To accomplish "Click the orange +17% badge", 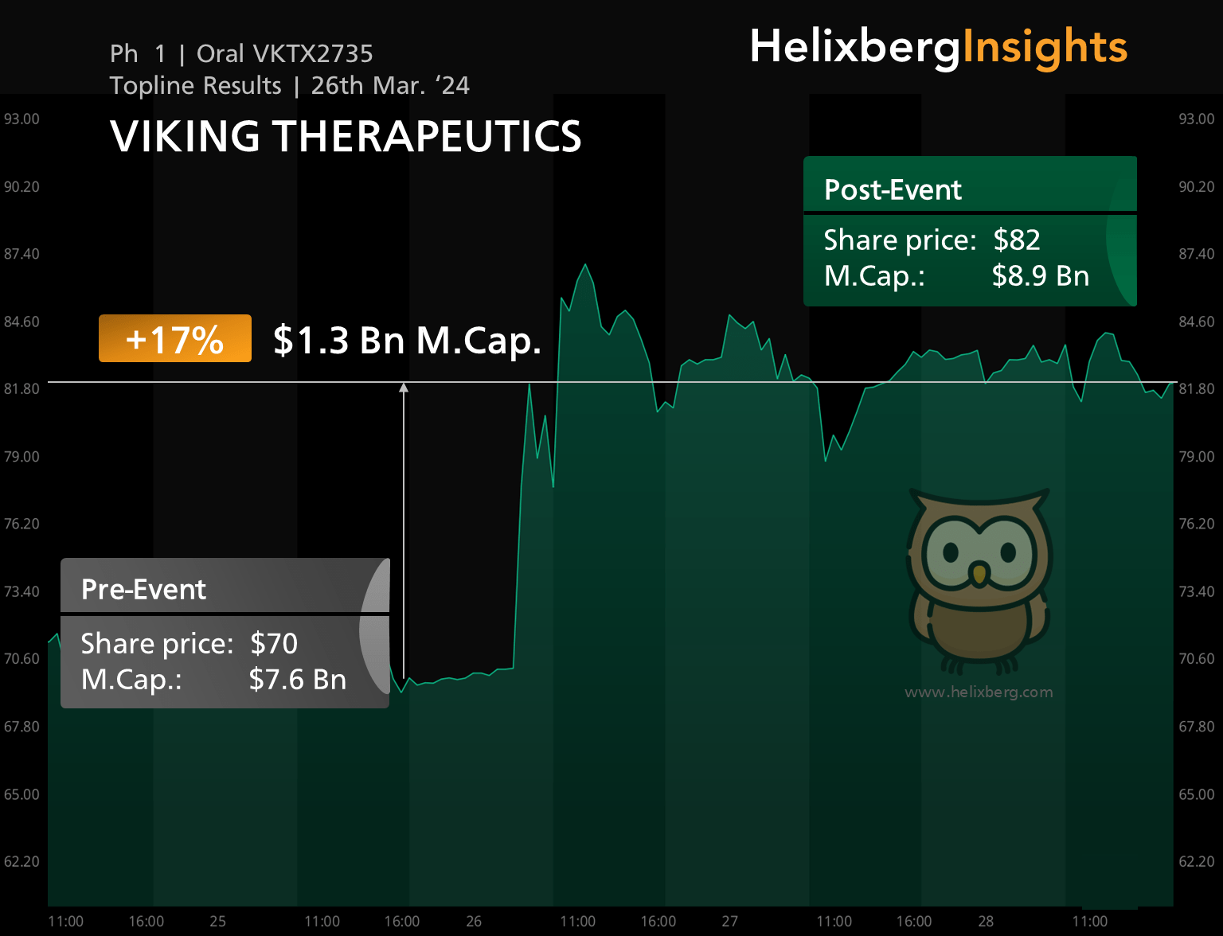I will pyautogui.click(x=175, y=339).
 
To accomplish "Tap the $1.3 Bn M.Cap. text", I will pyautogui.click(x=407, y=341).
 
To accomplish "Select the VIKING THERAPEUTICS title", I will pyautogui.click(x=346, y=136).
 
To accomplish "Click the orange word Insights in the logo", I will pyautogui.click(x=1045, y=47).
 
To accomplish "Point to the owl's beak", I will pyautogui.click(x=979, y=574).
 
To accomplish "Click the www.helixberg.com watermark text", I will pyautogui.click(x=979, y=692).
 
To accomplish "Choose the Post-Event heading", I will pyautogui.click(x=893, y=190).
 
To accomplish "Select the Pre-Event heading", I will pyautogui.click(x=143, y=590).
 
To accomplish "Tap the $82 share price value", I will pyautogui.click(x=1017, y=240).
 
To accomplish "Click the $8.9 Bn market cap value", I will pyautogui.click(x=1040, y=276).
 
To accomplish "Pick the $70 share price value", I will pyautogui.click(x=274, y=644).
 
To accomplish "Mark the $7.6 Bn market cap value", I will pyautogui.click(x=297, y=680).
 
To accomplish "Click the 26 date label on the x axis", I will pyautogui.click(x=474, y=921).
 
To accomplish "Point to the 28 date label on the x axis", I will pyautogui.click(x=986, y=921).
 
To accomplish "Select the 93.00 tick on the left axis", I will pyautogui.click(x=21, y=119).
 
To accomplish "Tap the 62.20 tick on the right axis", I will pyautogui.click(x=1197, y=862).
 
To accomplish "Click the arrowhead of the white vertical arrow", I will pyautogui.click(x=404, y=388).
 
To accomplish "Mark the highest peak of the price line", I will pyautogui.click(x=585, y=264).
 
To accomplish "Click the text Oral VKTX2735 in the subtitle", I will pyautogui.click(x=284, y=54).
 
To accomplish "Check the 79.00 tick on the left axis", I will pyautogui.click(x=21, y=457).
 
